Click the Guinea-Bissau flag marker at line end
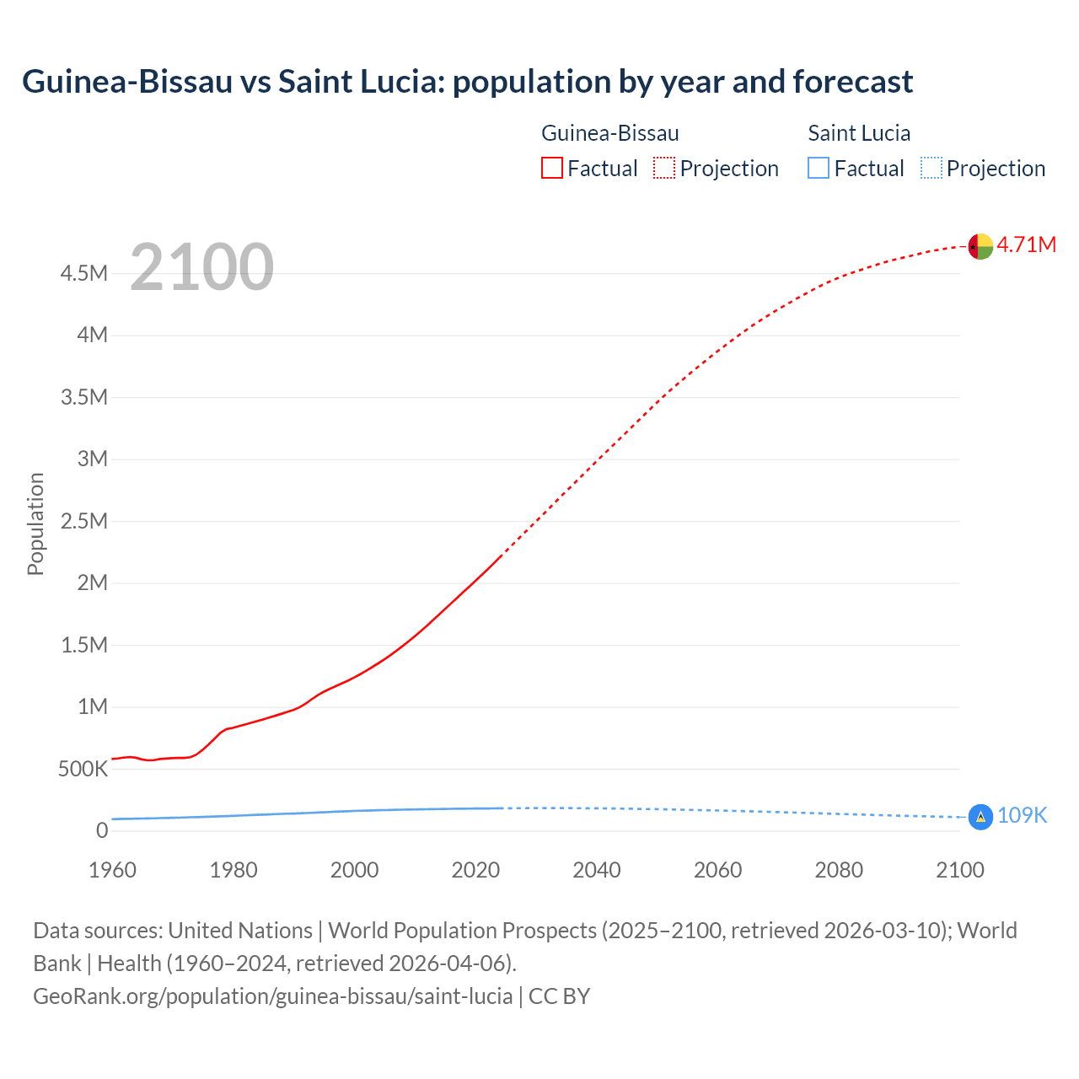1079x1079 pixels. coord(980,246)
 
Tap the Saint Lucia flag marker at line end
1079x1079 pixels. coord(980,817)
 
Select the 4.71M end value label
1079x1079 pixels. coord(1027,244)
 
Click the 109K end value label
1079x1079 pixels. coord(1022,815)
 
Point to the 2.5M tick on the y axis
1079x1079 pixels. coord(84,521)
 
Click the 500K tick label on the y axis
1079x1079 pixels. coord(83,769)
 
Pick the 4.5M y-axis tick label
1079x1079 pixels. coord(84,273)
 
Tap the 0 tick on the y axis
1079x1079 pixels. coord(102,831)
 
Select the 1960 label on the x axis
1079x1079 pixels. coord(112,870)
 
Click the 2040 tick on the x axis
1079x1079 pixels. coord(597,870)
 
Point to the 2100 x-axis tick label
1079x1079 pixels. coord(959,870)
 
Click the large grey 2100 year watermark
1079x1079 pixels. coord(201,267)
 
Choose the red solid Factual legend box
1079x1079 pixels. coord(551,169)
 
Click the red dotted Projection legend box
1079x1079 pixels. coord(664,169)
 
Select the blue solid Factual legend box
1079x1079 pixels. coord(819,169)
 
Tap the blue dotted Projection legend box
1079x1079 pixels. coord(931,169)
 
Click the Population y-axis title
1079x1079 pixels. coord(35,523)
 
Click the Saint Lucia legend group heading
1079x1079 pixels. coord(859,133)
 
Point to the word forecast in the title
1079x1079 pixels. coord(852,82)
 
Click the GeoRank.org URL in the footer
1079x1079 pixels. coord(272,996)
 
